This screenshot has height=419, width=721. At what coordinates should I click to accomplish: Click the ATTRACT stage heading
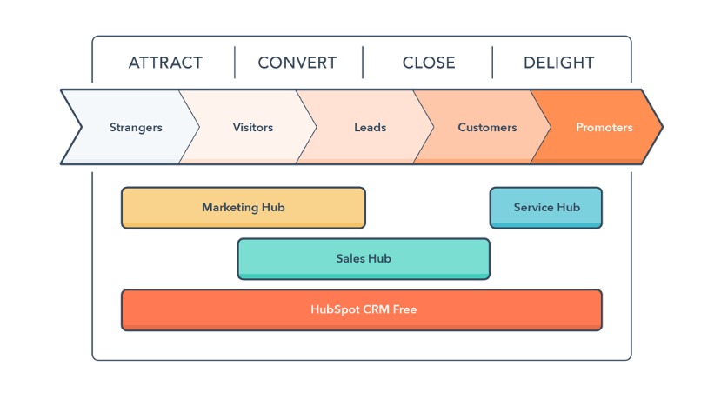[165, 63]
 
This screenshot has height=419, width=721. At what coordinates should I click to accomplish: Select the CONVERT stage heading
[297, 63]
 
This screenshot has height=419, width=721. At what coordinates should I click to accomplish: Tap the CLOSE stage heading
[428, 63]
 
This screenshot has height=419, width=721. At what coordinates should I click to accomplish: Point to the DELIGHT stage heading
[558, 63]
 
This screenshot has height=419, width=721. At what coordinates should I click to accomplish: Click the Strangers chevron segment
[135, 127]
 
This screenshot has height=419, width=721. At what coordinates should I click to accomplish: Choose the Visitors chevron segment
[252, 127]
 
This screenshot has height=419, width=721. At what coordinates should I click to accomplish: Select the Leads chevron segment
[370, 127]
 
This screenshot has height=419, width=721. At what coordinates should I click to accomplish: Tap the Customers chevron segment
[487, 127]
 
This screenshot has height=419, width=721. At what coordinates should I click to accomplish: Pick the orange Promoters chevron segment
[604, 127]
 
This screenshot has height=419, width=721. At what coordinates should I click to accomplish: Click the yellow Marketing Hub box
[243, 208]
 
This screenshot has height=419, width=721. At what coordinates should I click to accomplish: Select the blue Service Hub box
[545, 208]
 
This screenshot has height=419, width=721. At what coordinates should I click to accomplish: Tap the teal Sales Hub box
[363, 258]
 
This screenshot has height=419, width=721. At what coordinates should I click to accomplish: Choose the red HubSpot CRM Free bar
[361, 309]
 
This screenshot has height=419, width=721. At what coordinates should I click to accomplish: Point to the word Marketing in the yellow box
[230, 208]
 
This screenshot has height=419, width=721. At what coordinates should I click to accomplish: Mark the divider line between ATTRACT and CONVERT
[235, 63]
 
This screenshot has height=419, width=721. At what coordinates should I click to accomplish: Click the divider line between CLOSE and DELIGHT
[492, 63]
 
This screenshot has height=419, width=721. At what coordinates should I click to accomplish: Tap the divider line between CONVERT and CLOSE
[363, 63]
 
